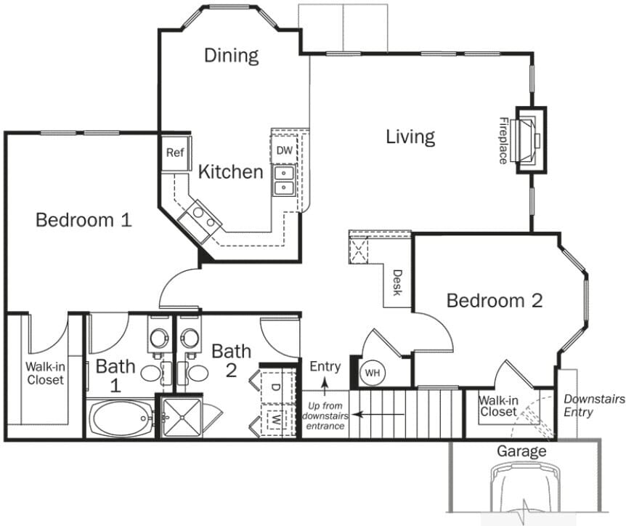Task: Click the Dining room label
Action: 231,55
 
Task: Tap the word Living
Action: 410,136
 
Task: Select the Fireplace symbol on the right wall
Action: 529,139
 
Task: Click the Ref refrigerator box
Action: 174,153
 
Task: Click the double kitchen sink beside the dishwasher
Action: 283,181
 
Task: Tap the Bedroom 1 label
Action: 84,219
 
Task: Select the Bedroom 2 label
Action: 494,300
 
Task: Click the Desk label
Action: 397,282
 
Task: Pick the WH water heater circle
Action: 373,373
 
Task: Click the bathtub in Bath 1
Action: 121,419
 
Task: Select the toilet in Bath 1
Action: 158,337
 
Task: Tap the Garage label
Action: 521,451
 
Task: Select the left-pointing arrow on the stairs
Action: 378,415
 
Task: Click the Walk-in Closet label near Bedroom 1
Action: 45,373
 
